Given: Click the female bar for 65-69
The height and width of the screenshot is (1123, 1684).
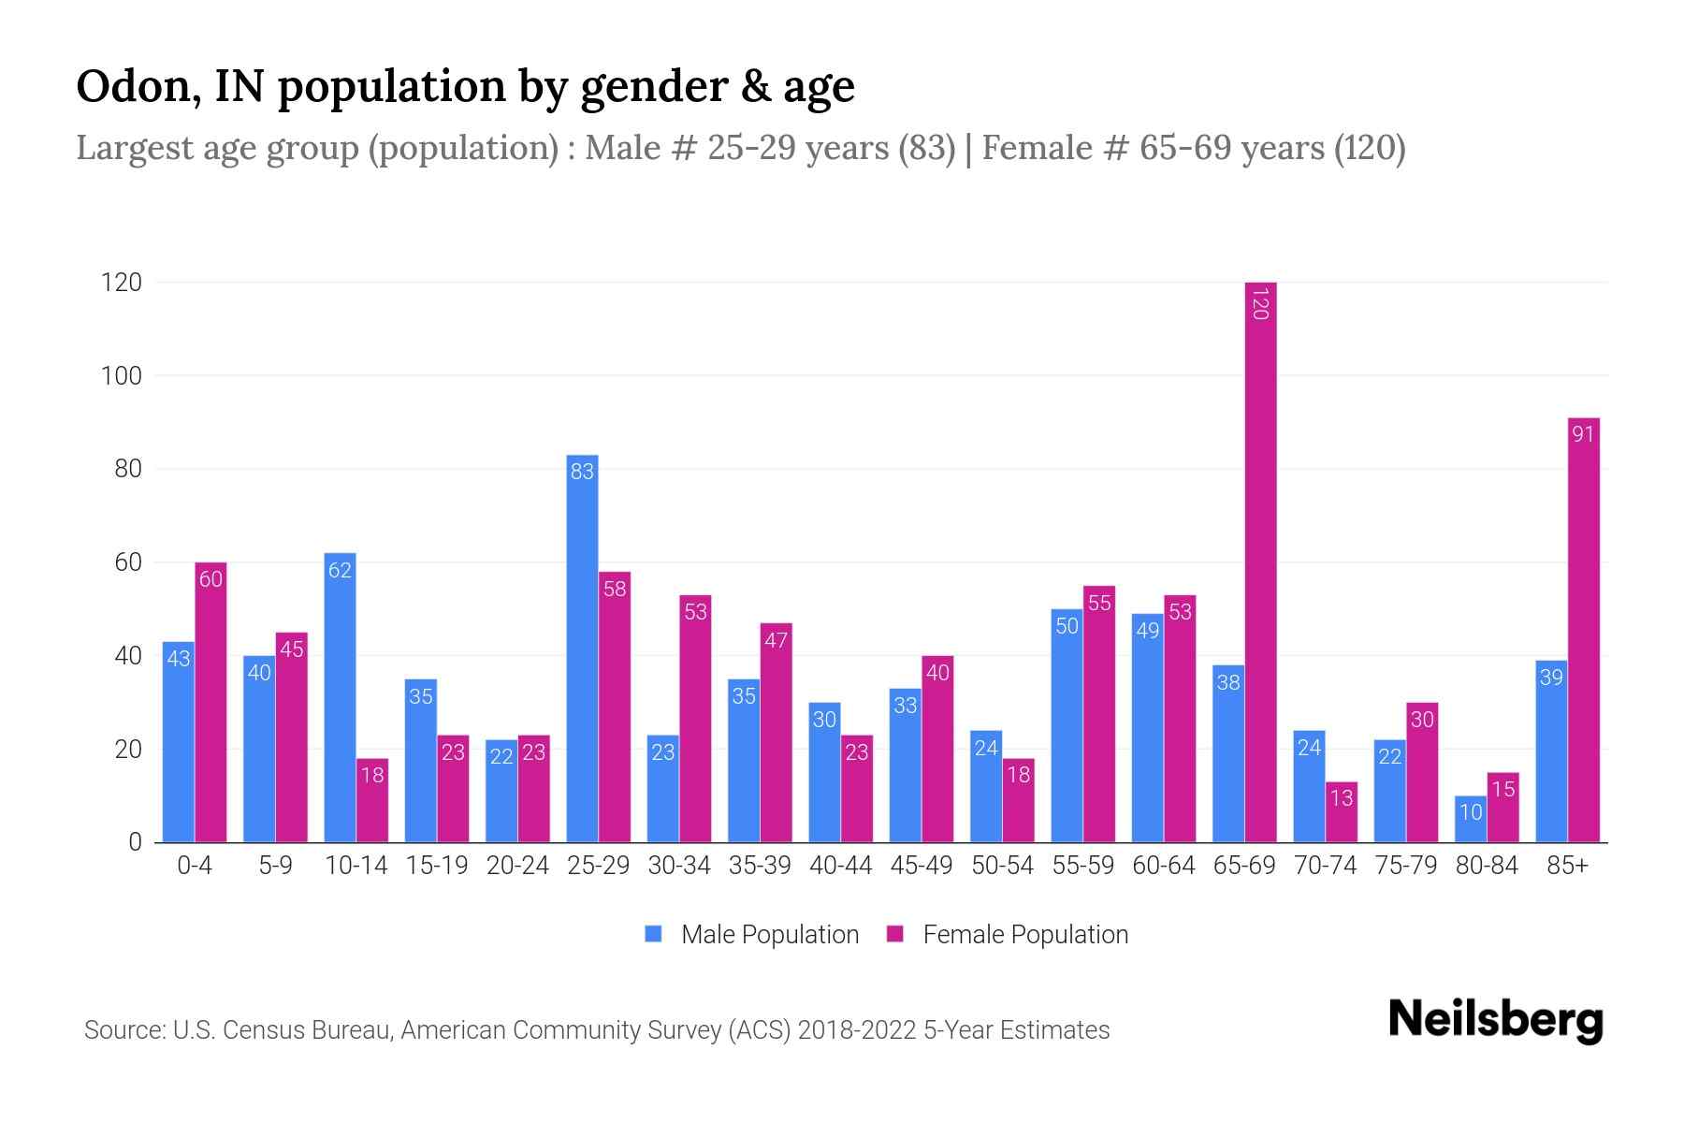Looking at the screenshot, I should (1260, 561).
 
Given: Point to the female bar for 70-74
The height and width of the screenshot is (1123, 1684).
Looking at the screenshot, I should (1341, 811).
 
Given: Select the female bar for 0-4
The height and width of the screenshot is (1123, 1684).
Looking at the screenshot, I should (210, 702).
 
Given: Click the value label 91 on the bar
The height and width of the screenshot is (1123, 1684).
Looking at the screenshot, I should (1583, 434).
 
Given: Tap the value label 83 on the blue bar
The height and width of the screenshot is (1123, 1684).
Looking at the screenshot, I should (582, 472).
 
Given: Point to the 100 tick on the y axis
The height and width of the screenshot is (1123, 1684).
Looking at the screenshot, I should (121, 376).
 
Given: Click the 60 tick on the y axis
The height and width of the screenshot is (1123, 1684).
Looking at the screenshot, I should (127, 562).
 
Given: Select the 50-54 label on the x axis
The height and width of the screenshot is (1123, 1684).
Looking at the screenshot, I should (1002, 866).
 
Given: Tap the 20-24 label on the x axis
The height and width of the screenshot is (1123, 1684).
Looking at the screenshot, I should (517, 866).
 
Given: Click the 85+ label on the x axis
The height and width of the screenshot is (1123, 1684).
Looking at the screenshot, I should (1567, 866).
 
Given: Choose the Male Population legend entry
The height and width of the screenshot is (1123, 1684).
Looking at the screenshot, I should (752, 934).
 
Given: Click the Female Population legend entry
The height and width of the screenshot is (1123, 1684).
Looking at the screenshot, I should (1008, 934).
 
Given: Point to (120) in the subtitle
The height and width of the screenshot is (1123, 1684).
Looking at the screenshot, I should (1369, 148).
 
